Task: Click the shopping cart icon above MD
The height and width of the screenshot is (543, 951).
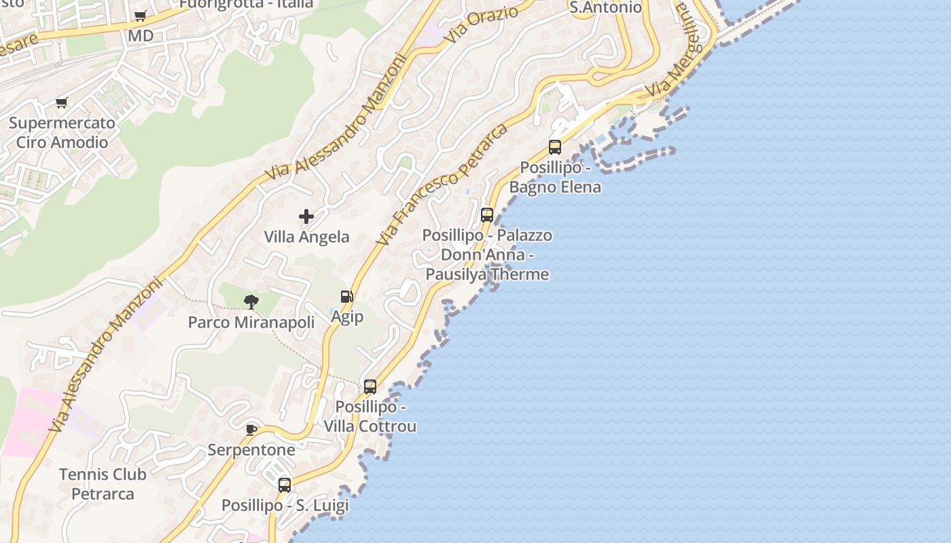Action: (140, 16)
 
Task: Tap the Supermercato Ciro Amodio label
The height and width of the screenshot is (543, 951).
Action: (62, 133)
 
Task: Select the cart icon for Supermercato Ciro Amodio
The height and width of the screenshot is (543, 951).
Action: (62, 103)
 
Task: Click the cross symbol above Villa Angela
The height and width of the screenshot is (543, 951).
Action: (306, 217)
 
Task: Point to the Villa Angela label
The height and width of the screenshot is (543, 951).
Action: (306, 237)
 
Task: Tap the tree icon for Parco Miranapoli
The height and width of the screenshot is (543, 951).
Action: (251, 302)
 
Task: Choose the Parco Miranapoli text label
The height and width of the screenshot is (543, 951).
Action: (251, 322)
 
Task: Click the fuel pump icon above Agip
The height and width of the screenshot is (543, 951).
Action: (346, 297)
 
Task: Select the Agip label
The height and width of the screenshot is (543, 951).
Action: (347, 316)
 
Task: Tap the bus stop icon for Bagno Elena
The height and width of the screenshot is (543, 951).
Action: (555, 147)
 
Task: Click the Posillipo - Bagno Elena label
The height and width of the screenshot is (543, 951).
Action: (555, 177)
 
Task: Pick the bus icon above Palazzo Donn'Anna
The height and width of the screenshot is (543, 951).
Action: (487, 215)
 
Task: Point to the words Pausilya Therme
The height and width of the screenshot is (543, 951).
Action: (487, 274)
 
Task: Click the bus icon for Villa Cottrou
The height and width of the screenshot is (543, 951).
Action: (370, 387)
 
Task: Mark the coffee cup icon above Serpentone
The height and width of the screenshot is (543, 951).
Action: (251, 429)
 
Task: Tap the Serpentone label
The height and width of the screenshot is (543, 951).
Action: (251, 450)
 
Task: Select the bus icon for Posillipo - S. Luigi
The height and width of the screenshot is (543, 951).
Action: (285, 485)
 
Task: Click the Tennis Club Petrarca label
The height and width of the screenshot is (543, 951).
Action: (103, 484)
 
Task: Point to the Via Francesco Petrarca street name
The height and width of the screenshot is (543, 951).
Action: (442, 185)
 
